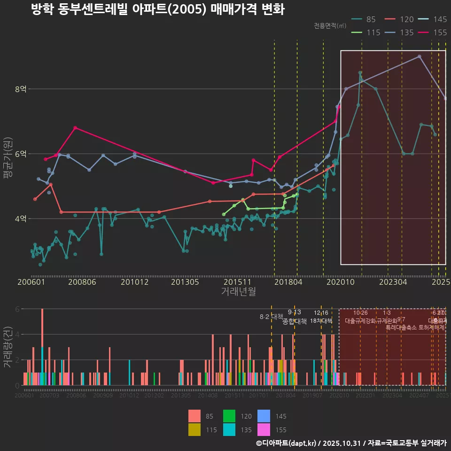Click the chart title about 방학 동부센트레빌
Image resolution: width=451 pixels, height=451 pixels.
tap(157, 9)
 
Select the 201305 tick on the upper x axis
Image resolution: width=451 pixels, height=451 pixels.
tap(186, 282)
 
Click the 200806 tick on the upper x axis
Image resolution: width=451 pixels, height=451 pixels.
tap(82, 282)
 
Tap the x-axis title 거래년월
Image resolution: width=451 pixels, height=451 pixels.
tap(238, 292)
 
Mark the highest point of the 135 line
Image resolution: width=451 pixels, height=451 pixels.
tap(420, 56)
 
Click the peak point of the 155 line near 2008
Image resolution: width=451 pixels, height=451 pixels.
tap(75, 128)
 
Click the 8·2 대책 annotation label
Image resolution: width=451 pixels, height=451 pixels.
tap(271, 317)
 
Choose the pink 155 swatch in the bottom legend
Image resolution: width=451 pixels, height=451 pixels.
tap(263, 429)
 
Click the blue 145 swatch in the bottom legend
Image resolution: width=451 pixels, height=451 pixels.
tap(263, 416)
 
